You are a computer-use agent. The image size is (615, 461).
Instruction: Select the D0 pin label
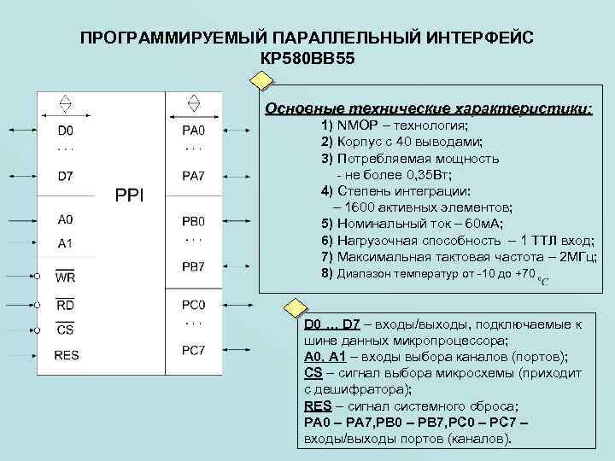(65, 131)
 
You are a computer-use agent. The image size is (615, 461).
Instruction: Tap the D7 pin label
(65, 177)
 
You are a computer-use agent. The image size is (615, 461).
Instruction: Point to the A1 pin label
(65, 243)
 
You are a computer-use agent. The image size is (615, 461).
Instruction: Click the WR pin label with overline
(65, 277)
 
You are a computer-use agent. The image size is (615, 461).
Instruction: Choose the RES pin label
(67, 355)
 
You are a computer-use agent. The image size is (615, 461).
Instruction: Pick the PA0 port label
(194, 131)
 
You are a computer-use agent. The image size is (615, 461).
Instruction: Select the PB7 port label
(194, 266)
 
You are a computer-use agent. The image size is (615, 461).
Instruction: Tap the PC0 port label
(194, 305)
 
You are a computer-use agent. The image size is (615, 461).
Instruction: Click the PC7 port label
(194, 350)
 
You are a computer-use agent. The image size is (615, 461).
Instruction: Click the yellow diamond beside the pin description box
(294, 308)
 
